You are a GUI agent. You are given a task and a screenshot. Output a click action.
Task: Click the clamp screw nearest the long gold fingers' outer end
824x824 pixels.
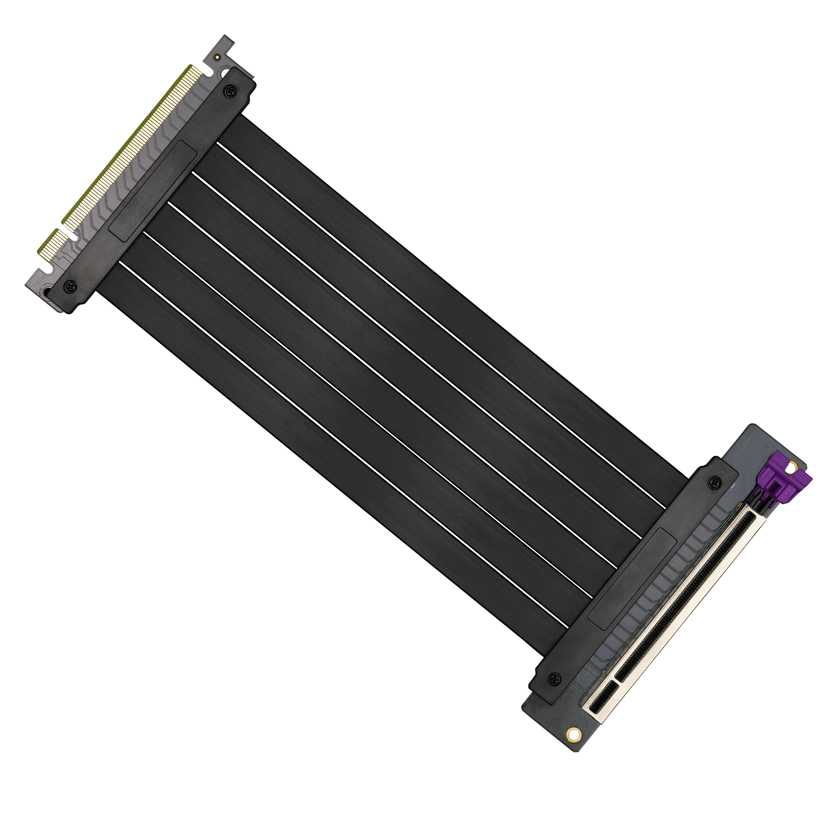(x=231, y=91)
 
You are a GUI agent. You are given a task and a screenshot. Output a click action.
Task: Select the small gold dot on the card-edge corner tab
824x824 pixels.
(x=218, y=56)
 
